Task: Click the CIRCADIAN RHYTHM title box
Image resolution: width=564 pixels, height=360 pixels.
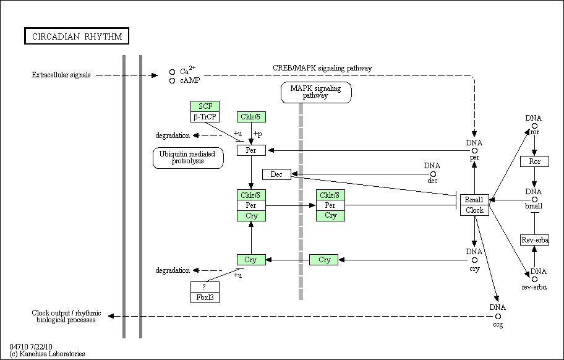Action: tap(77, 36)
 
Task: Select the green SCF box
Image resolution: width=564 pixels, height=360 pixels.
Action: tap(205, 106)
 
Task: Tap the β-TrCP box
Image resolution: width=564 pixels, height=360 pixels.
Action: tap(205, 117)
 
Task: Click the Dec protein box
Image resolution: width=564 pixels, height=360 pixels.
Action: tap(276, 174)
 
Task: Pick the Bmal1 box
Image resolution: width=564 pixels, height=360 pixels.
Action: tap(474, 200)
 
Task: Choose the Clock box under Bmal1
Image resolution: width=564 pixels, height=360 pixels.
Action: tap(474, 210)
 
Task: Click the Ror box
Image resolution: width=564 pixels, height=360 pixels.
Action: tap(534, 161)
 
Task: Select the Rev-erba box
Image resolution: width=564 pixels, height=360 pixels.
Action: tap(534, 240)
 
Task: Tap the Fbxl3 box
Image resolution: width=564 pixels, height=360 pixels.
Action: tap(205, 298)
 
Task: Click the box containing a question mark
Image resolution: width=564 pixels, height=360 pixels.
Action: tap(205, 287)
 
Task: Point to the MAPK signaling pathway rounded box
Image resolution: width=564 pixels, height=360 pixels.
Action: tap(316, 92)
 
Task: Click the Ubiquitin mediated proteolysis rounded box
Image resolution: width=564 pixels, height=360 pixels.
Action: tap(188, 158)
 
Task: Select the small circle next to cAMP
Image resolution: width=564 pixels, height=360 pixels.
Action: tap(173, 81)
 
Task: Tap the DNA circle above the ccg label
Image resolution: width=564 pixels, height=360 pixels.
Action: tap(498, 317)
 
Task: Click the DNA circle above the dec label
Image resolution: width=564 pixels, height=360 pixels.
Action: tap(433, 174)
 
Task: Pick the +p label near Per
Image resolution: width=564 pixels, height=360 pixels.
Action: tap(257, 134)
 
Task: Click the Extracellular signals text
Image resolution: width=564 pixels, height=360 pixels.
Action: tap(61, 75)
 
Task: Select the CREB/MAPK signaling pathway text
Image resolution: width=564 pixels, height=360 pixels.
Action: tap(322, 68)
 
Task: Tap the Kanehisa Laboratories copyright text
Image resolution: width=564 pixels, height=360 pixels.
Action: tap(47, 354)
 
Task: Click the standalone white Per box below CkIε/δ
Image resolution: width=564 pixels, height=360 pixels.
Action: tap(251, 150)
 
